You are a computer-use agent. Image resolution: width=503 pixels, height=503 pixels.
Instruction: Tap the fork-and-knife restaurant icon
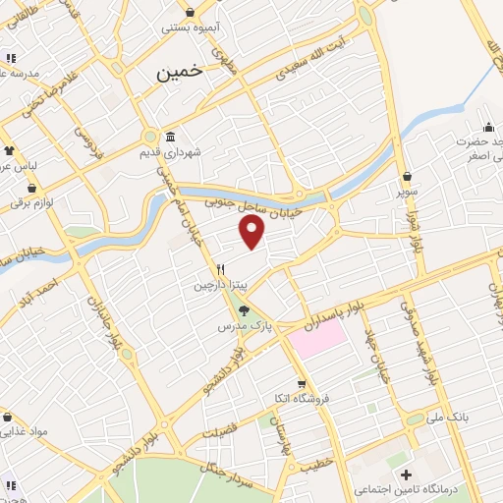[x=223, y=268]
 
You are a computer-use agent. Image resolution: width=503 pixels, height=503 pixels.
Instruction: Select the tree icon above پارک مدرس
[x=244, y=309]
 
